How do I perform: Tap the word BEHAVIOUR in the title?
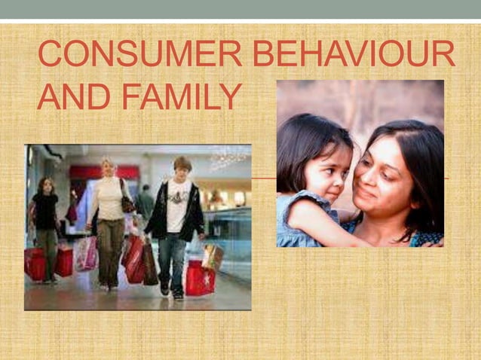click(354, 54)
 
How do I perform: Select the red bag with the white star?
click(199, 278)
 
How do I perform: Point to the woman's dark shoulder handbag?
click(127, 202)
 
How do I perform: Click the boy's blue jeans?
click(173, 260)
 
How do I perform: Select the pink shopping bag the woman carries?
click(87, 253)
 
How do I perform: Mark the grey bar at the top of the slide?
click(240, 9)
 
